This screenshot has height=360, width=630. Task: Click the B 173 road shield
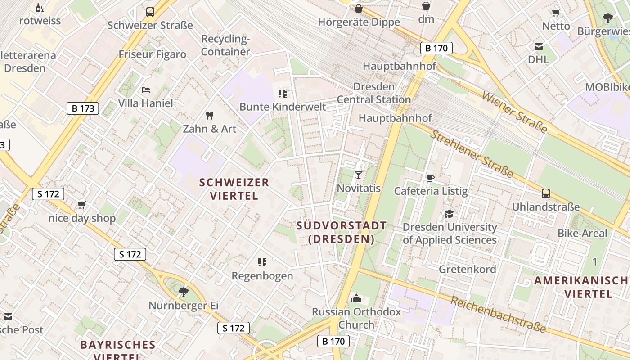(x=83, y=108)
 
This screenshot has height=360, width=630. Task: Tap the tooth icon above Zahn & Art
(x=209, y=116)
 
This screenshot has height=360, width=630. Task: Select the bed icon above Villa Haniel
(x=145, y=90)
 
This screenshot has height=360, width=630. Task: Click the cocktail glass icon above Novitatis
(x=359, y=175)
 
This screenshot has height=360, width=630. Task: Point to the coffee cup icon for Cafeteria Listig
(x=431, y=178)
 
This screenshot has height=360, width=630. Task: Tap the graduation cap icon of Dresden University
(x=449, y=214)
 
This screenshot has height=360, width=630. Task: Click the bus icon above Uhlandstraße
(x=546, y=193)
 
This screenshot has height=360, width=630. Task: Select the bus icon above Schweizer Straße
(x=150, y=12)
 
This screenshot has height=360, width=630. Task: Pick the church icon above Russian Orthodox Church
(x=356, y=298)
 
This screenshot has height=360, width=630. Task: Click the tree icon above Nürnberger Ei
(x=183, y=292)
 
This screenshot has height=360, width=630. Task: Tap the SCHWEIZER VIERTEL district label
(x=234, y=189)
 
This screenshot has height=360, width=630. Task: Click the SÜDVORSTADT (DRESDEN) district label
(x=342, y=232)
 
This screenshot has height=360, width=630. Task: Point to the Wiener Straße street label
(x=514, y=112)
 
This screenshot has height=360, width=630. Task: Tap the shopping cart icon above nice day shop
(x=81, y=205)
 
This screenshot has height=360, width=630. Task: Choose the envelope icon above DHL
(x=538, y=46)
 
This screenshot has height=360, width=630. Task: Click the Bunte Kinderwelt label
(x=283, y=107)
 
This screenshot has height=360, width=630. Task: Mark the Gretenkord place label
(x=468, y=269)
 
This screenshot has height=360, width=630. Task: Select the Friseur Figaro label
(x=152, y=54)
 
